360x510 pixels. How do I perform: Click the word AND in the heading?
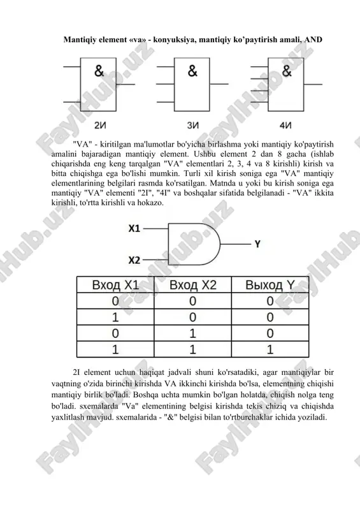coord(313,40)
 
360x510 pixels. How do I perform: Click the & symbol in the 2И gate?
coord(99,71)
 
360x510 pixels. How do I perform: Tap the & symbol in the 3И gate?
coord(192,71)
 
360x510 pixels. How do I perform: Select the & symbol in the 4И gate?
coord(287,71)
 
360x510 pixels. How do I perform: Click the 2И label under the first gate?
coord(100,125)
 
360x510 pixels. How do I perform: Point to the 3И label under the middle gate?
coord(193,125)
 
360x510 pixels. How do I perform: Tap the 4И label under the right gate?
coord(285,125)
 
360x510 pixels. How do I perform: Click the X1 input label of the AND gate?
coord(134,229)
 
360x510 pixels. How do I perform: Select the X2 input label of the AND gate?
coord(134,260)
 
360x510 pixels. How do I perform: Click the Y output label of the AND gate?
coord(257,244)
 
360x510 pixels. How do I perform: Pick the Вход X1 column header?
coord(115,285)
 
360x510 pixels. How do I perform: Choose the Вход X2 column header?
coord(193,285)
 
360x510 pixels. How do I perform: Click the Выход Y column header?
coord(270,285)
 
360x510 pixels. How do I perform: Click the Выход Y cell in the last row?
coord(270,349)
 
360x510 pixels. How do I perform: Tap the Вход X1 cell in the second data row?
coord(115,317)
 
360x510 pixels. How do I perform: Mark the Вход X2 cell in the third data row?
coord(193,333)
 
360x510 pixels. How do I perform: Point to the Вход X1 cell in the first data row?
coord(115,301)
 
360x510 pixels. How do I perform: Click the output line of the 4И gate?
coord(313,84)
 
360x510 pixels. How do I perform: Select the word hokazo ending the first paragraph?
coord(150,203)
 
